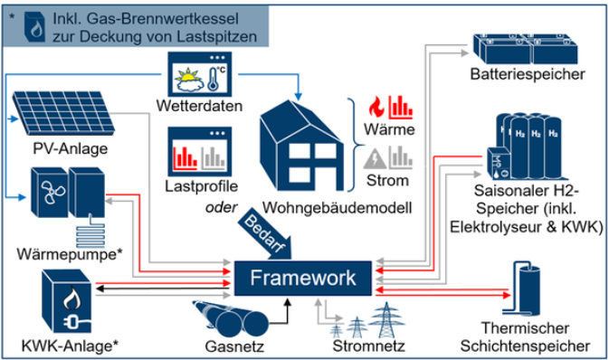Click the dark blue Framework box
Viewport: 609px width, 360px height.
303,277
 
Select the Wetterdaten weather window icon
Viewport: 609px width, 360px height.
197,78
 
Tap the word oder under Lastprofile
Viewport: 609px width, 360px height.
219,208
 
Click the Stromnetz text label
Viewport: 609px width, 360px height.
364,346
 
